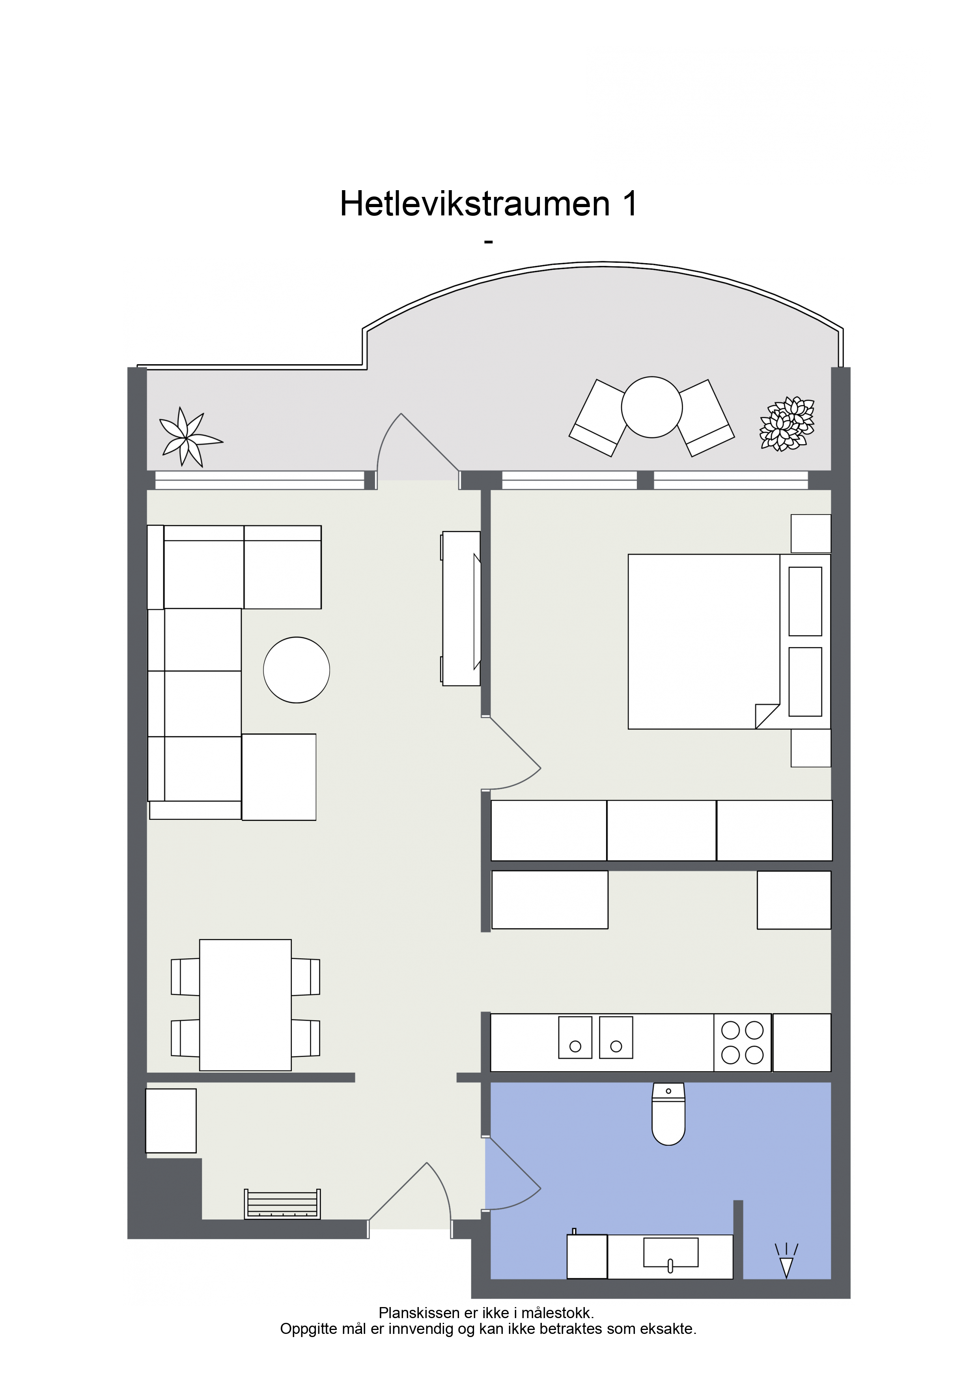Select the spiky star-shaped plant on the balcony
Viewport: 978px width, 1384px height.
(189, 438)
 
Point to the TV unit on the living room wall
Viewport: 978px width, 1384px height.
(461, 608)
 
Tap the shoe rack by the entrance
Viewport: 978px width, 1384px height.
(282, 1204)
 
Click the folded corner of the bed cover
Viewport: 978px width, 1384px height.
(767, 716)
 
